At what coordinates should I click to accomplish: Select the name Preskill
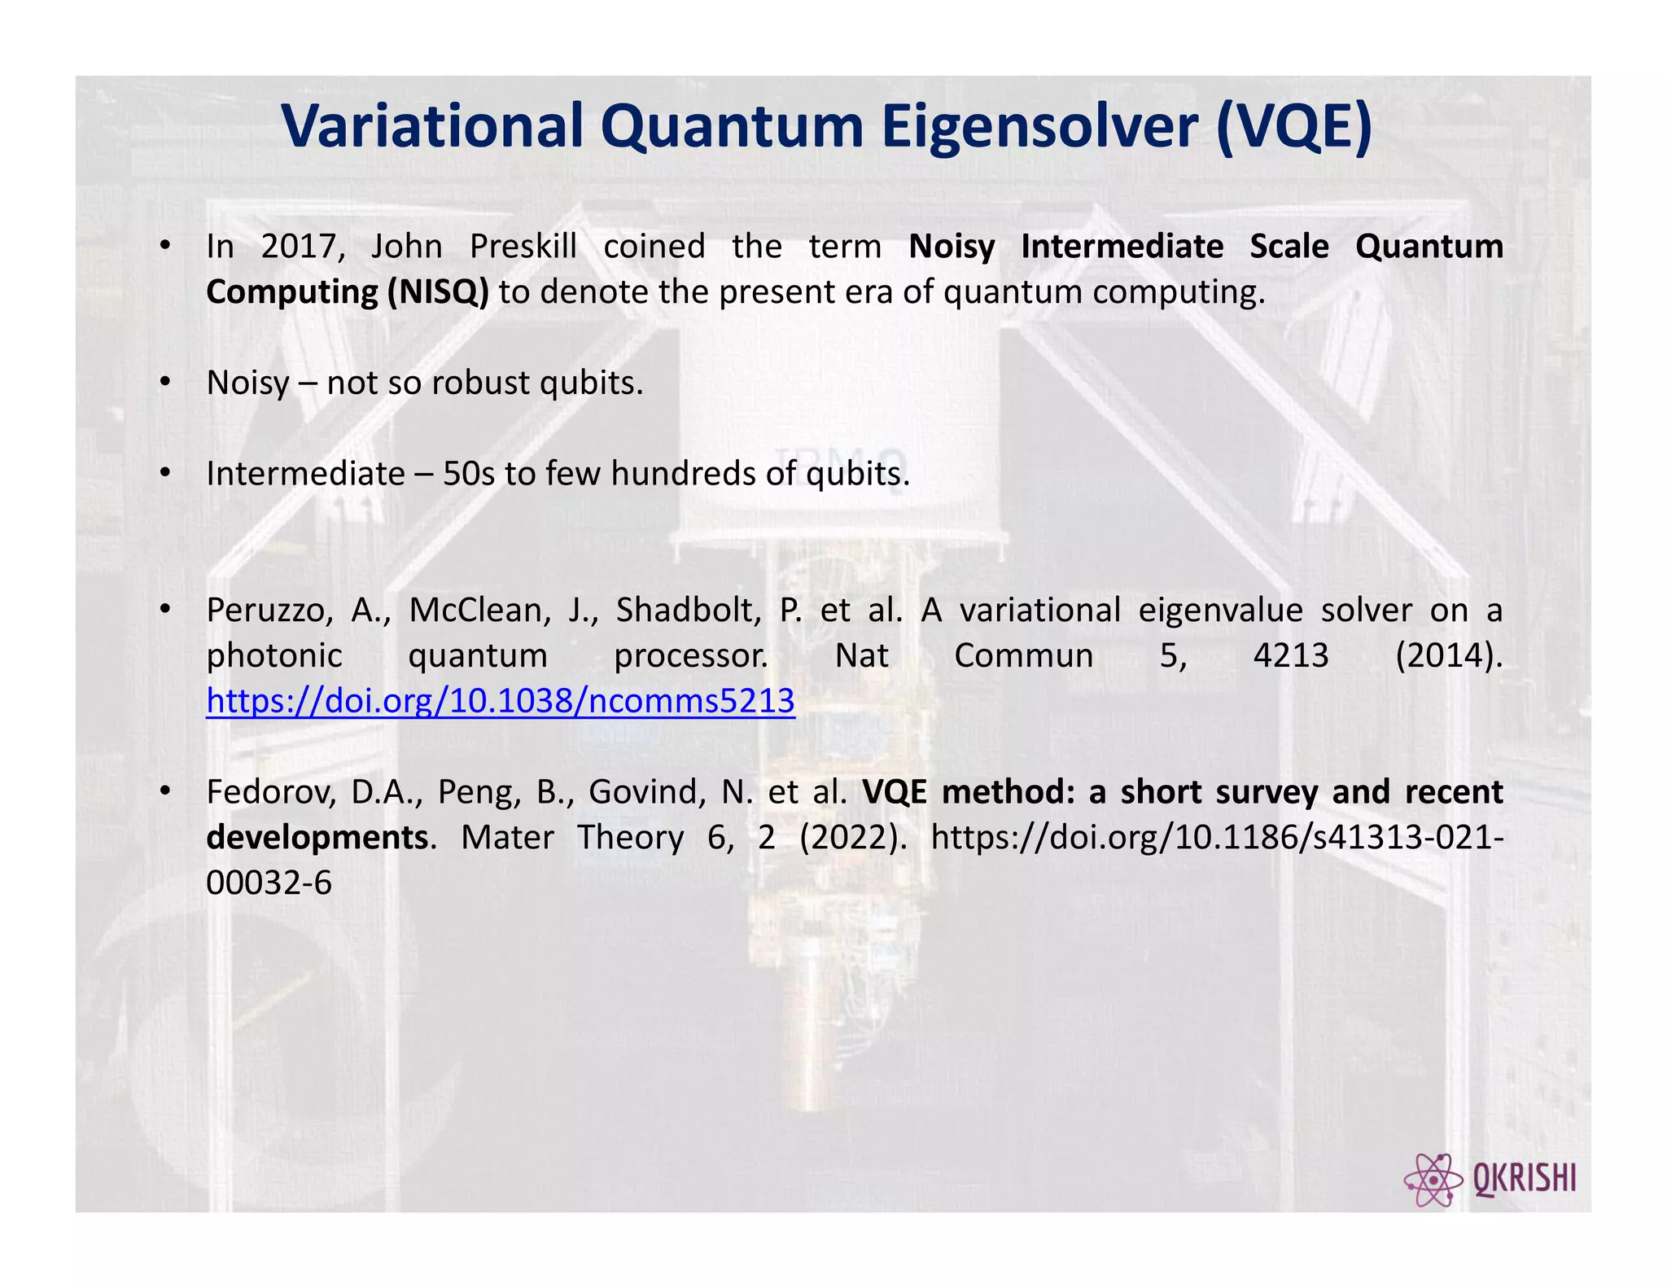click(x=523, y=247)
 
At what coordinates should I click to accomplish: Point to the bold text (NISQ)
click(x=438, y=292)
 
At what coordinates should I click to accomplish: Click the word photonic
click(x=274, y=655)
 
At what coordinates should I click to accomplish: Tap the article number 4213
click(x=1290, y=655)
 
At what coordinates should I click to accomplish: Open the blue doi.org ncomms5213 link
click(x=500, y=701)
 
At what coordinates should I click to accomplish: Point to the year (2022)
click(x=853, y=838)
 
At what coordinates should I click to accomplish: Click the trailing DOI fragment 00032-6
click(x=269, y=883)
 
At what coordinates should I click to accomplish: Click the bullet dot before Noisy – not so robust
click(x=165, y=381)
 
